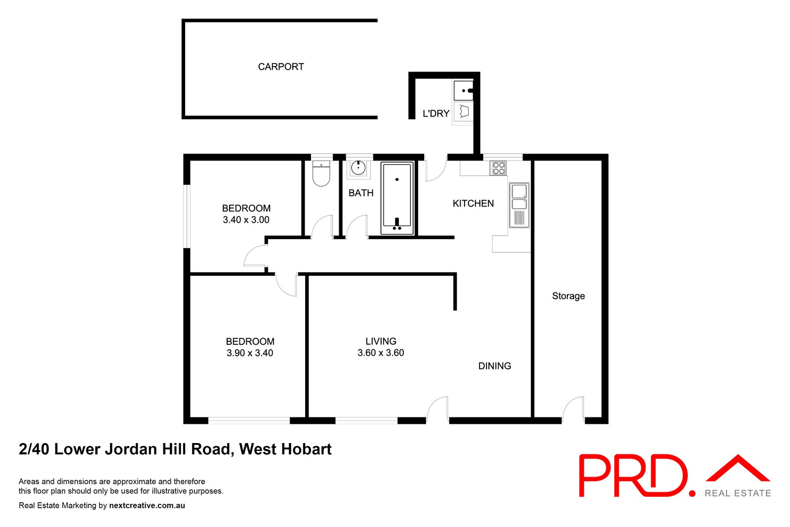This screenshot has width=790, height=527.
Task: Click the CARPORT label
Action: tap(281, 67)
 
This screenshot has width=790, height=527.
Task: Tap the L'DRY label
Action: tap(436, 114)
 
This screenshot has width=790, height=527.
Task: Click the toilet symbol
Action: tap(321, 173)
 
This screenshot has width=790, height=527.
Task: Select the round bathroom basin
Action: tap(358, 168)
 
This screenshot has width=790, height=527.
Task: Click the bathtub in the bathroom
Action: tap(397, 198)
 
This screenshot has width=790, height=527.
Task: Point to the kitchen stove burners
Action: tap(498, 168)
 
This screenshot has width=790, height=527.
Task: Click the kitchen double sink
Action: tap(519, 205)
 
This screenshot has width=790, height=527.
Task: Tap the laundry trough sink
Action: tap(463, 90)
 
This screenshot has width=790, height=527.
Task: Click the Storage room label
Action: tap(568, 296)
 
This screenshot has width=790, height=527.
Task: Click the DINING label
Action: tap(494, 366)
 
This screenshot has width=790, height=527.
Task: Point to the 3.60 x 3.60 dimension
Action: tap(381, 353)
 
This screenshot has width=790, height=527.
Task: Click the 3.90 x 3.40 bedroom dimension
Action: tap(250, 353)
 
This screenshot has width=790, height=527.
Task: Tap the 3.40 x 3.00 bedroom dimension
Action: tap(246, 220)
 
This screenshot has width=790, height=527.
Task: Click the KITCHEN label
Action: tap(473, 203)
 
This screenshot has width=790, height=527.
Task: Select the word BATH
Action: tap(361, 193)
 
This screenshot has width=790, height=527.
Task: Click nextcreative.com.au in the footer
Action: tap(147, 505)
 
